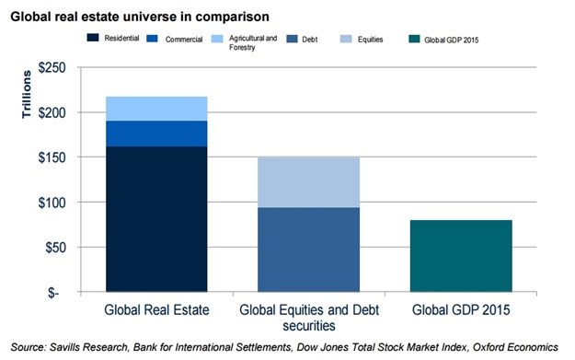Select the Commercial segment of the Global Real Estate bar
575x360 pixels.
tap(156, 134)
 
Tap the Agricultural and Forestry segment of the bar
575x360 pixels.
tap(156, 109)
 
